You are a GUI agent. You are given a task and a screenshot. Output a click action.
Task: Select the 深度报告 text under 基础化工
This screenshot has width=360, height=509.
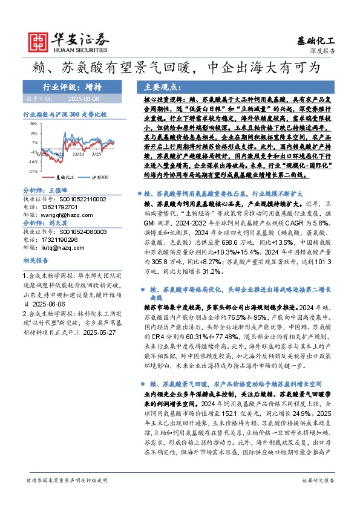(x=322, y=52)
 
